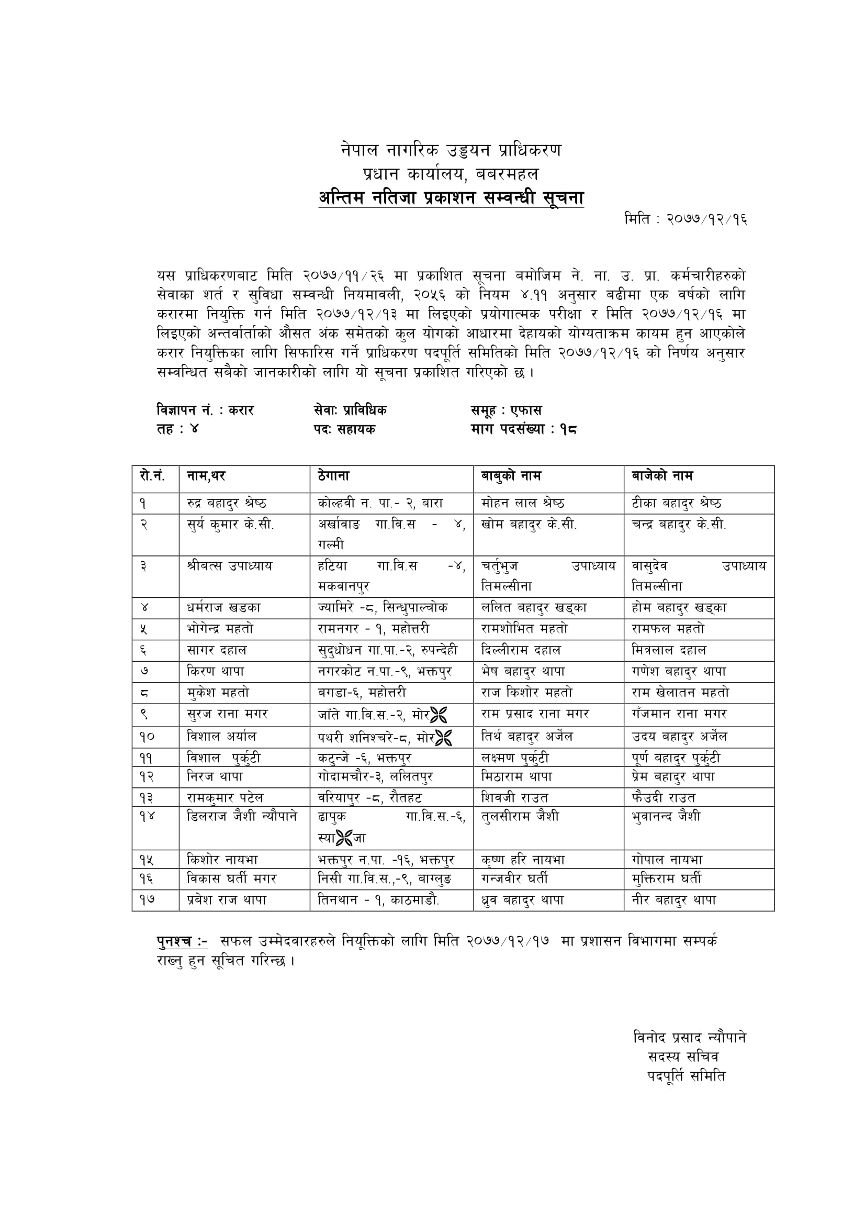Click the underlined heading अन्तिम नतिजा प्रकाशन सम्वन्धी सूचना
[x=451, y=198]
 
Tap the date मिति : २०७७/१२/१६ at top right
[x=686, y=219]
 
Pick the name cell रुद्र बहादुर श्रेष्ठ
[x=227, y=503]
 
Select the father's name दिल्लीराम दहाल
[x=521, y=650]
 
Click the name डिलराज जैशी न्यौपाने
[x=242, y=816]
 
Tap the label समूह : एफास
[x=506, y=410]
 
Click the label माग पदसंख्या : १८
[x=524, y=429]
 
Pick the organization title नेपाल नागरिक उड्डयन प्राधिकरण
[x=451, y=150]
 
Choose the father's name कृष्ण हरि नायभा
[x=523, y=860]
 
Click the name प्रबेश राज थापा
[x=227, y=900]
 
